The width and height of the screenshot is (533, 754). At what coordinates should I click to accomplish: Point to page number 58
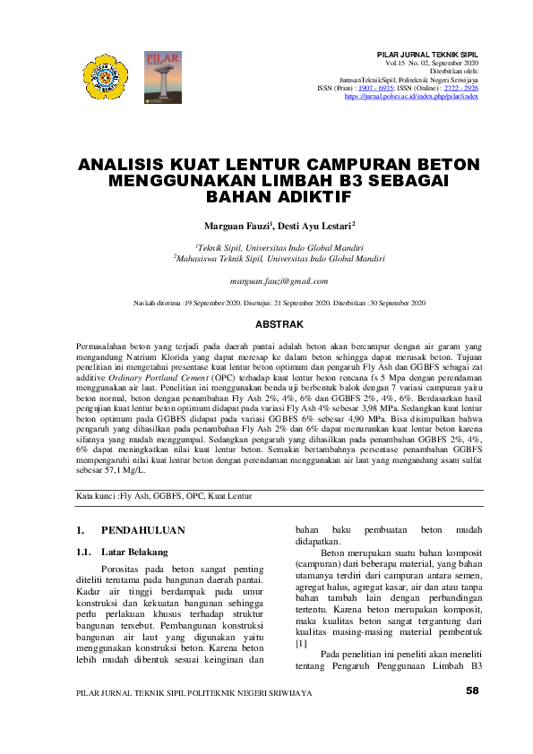pyautogui.click(x=473, y=716)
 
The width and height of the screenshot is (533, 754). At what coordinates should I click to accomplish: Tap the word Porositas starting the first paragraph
pyautogui.click(x=121, y=568)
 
